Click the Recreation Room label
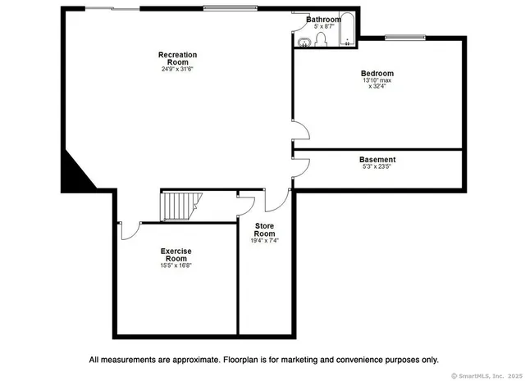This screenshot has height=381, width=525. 177,58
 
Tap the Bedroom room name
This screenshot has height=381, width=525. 378,73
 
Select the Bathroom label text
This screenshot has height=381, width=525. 323,19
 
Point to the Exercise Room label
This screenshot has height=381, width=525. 176,255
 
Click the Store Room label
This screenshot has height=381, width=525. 264,229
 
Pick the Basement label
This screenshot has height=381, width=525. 377,159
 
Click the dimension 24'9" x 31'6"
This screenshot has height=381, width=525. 177,69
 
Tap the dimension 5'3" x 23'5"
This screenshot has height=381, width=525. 377,167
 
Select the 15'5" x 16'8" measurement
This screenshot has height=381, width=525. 176,265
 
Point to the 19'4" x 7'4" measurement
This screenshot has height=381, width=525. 264,241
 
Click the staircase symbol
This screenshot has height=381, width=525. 180,206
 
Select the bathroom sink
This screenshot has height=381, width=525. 302,41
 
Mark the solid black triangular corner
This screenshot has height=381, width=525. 75,172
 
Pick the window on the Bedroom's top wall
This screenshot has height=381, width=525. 405,37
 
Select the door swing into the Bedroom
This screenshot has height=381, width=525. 301,131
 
